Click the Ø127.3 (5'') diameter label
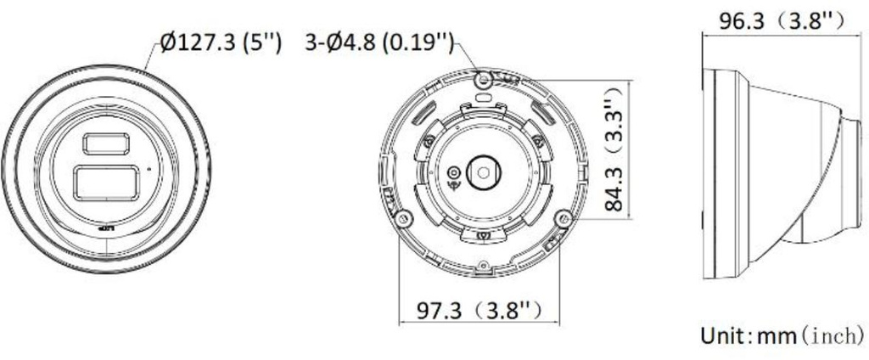click(221, 42)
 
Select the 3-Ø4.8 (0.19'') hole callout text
click(379, 42)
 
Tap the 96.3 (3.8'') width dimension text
click(782, 21)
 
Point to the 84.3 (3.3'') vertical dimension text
click(614, 149)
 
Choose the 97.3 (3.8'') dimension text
click(479, 311)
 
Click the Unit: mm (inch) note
click(782, 335)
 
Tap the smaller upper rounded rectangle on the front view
click(106, 143)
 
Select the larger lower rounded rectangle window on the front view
click(106, 183)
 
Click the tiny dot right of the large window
click(148, 167)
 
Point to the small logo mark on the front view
click(106, 228)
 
